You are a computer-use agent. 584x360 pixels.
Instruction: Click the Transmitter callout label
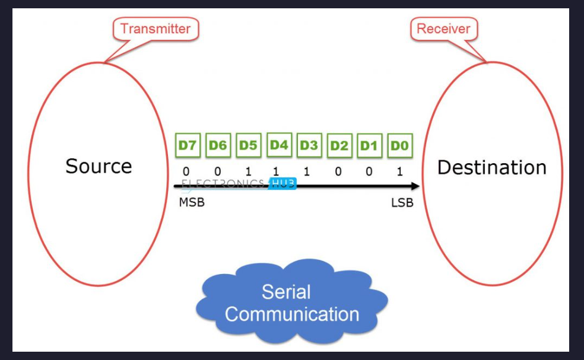[155, 28]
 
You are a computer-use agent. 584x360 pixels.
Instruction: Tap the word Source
[99, 166]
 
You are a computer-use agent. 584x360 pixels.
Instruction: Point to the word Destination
[491, 167]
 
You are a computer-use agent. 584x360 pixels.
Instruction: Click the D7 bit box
[188, 145]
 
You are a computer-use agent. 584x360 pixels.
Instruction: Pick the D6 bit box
[218, 145]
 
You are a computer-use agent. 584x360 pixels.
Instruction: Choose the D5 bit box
[248, 145]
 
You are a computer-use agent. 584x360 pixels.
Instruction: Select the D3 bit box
[309, 145]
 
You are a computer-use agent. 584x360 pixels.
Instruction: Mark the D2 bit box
[339, 145]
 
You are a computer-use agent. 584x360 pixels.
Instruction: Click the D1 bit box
[369, 145]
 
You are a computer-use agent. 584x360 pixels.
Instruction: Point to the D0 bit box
[399, 145]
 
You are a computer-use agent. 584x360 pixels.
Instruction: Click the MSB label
[191, 203]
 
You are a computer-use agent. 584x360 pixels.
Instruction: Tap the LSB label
[402, 203]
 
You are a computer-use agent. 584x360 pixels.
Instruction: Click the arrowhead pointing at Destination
[415, 186]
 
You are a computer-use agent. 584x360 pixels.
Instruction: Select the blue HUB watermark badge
[283, 184]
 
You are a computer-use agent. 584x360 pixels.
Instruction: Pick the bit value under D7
[186, 172]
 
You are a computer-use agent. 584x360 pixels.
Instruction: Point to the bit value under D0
[399, 172]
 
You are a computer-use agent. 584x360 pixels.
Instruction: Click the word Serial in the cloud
[286, 292]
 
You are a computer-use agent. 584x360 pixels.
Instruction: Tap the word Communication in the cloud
[292, 314]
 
